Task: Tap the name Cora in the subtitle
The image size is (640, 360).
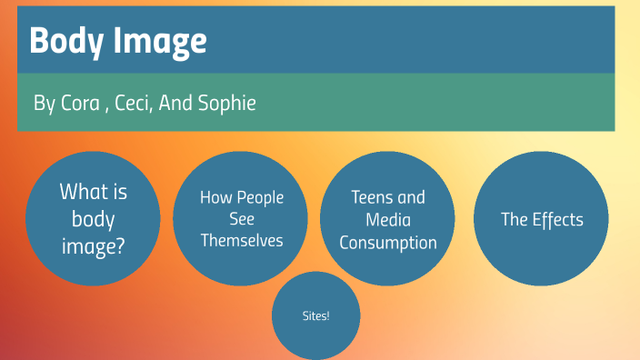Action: pyautogui.click(x=80, y=103)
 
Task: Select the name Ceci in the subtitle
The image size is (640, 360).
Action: pyautogui.click(x=133, y=103)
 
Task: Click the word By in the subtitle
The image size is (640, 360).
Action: pyautogui.click(x=44, y=104)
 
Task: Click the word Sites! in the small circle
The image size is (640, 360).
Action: pyautogui.click(x=315, y=316)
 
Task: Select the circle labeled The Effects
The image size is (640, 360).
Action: pyautogui.click(x=542, y=219)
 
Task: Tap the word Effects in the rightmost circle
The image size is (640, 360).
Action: pyautogui.click(x=557, y=219)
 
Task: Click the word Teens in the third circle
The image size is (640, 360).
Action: pyautogui.click(x=374, y=197)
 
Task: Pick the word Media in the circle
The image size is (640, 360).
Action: pyautogui.click(x=388, y=220)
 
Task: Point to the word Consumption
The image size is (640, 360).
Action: pyautogui.click(x=388, y=243)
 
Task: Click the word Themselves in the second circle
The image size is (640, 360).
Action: pyautogui.click(x=242, y=241)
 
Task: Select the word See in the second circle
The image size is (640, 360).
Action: pyautogui.click(x=242, y=219)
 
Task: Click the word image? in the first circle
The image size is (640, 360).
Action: pyautogui.click(x=93, y=244)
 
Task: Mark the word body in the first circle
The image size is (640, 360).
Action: pyautogui.click(x=93, y=218)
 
